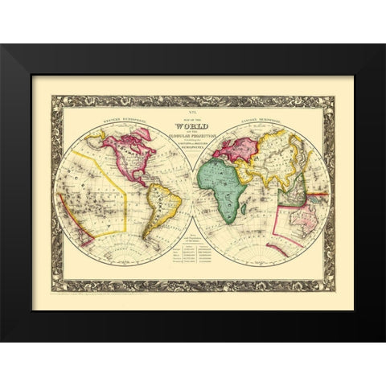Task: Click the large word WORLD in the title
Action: click(x=193, y=129)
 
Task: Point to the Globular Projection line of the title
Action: click(x=193, y=138)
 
